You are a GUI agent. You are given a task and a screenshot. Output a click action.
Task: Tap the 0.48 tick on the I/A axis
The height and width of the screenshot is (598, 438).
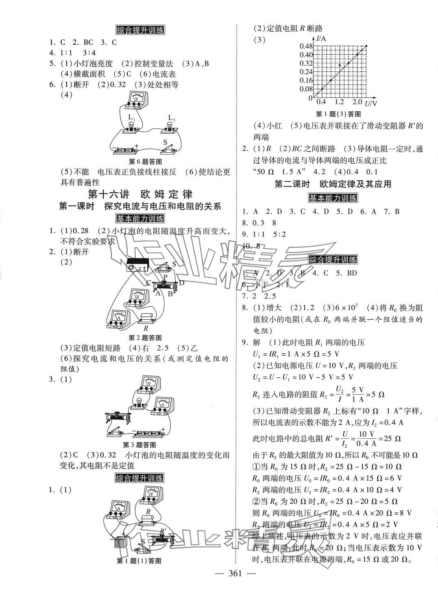pyautogui.click(x=306, y=46)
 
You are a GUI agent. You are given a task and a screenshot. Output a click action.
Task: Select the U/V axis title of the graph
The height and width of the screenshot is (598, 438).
pyautogui.click(x=371, y=103)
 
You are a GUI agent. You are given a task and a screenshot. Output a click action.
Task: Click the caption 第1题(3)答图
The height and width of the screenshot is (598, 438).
pyautogui.click(x=338, y=114)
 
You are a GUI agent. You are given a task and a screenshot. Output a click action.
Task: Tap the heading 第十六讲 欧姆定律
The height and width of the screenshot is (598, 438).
pyautogui.click(x=140, y=194)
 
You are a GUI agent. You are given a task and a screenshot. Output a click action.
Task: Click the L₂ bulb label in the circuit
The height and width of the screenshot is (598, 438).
pyautogui.click(x=171, y=118)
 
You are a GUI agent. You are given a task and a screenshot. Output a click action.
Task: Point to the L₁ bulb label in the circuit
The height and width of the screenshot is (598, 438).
pyautogui.click(x=131, y=117)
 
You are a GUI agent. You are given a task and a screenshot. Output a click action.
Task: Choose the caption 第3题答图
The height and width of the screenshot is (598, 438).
pyautogui.click(x=139, y=444)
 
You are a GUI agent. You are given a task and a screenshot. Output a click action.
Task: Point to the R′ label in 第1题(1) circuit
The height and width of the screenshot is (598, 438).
pyautogui.click(x=163, y=531)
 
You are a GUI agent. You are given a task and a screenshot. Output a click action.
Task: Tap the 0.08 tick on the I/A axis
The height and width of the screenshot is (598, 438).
pyautogui.click(x=306, y=89)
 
